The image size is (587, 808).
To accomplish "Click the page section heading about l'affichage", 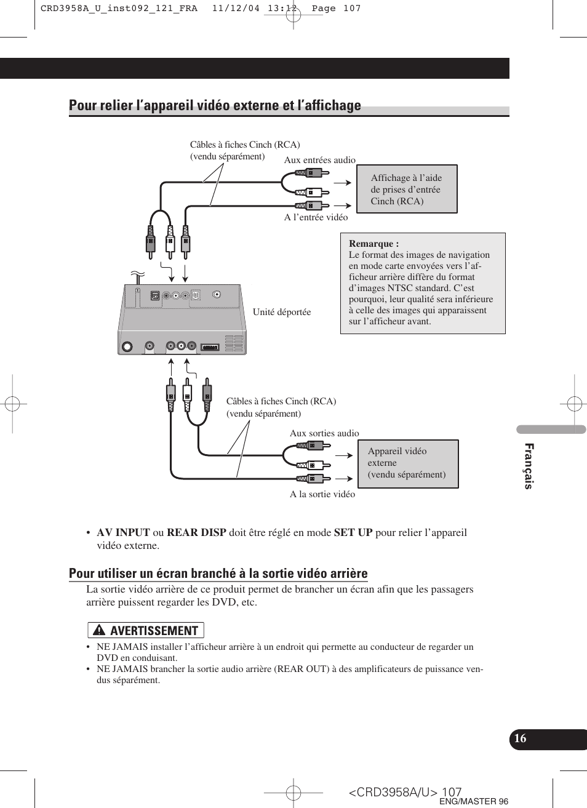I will pyautogui.click(x=215, y=105).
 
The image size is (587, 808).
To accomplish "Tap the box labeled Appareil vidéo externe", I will pyautogui.click(x=407, y=463).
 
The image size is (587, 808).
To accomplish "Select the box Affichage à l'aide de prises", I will pyautogui.click(x=406, y=189).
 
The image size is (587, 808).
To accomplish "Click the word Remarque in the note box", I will pyautogui.click(x=373, y=244).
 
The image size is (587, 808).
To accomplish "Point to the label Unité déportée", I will pyautogui.click(x=282, y=312).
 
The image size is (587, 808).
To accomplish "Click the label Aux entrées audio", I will pyautogui.click(x=319, y=160).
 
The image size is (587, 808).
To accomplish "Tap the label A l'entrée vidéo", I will pyautogui.click(x=316, y=217).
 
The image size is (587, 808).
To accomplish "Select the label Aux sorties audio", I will pyautogui.click(x=324, y=433).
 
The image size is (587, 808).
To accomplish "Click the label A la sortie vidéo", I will pyautogui.click(x=322, y=494).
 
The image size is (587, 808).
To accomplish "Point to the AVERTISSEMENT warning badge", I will pyautogui.click(x=146, y=630).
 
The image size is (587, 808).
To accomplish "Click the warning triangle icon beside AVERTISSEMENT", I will pyautogui.click(x=98, y=631).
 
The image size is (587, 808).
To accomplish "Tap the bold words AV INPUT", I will pyautogui.click(x=123, y=533).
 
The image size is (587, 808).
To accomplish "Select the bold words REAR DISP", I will pyautogui.click(x=196, y=533).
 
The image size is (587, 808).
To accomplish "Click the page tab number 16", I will pyautogui.click(x=521, y=739).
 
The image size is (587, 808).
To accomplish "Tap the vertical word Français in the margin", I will pyautogui.click(x=529, y=466).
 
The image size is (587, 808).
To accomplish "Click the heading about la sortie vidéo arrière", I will pyautogui.click(x=218, y=574).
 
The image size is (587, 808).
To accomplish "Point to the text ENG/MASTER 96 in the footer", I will pyautogui.click(x=473, y=801).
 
